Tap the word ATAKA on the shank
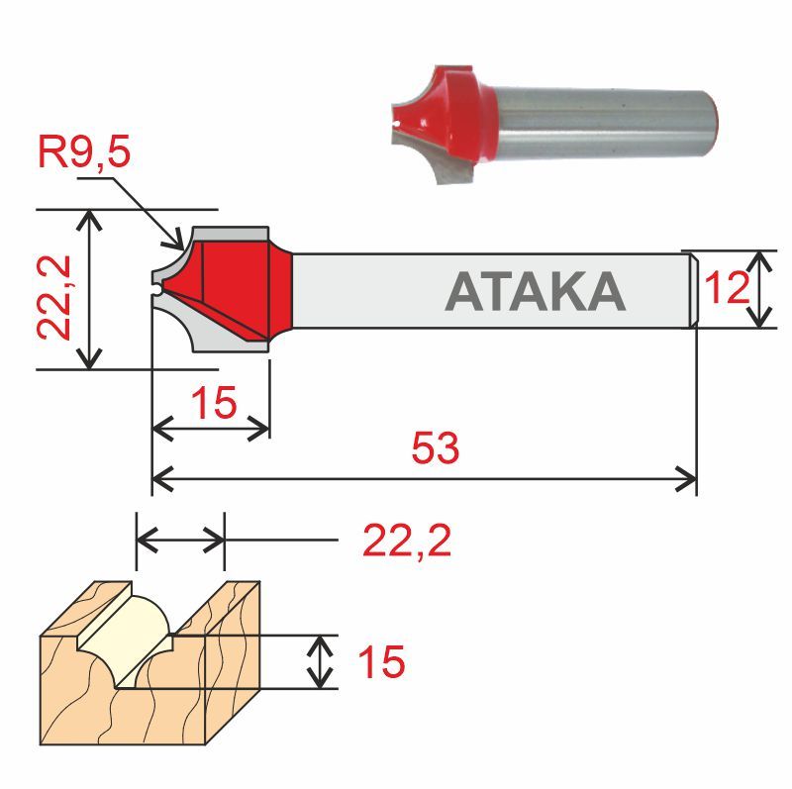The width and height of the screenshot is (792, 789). click(536, 291)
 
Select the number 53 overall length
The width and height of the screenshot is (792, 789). click(436, 448)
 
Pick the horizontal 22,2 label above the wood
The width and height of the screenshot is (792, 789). click(407, 542)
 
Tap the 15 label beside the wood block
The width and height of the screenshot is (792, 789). click(381, 662)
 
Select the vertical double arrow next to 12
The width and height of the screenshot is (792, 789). click(759, 289)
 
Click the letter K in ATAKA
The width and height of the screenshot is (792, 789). click(565, 291)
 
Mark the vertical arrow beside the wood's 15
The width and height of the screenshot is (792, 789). click(319, 662)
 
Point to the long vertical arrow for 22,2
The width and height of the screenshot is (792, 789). click(91, 289)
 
